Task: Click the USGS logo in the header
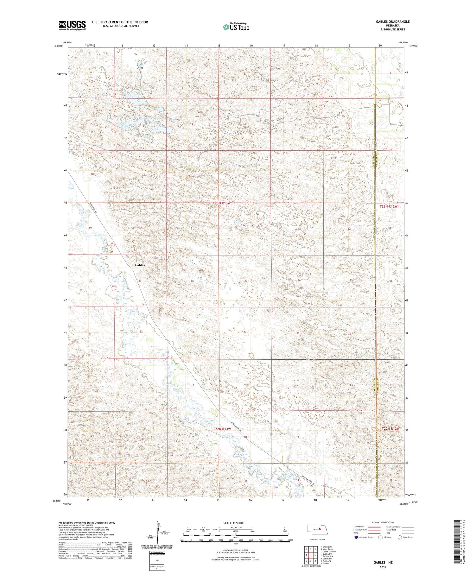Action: [72, 25]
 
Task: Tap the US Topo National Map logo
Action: [236, 27]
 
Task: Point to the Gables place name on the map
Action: [140, 265]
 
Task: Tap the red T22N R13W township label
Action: [222, 429]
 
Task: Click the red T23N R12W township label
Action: [389, 206]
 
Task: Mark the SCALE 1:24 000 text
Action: [234, 523]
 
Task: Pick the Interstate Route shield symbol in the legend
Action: [356, 537]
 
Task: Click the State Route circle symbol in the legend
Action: [400, 537]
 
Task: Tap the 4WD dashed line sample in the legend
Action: [407, 533]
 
